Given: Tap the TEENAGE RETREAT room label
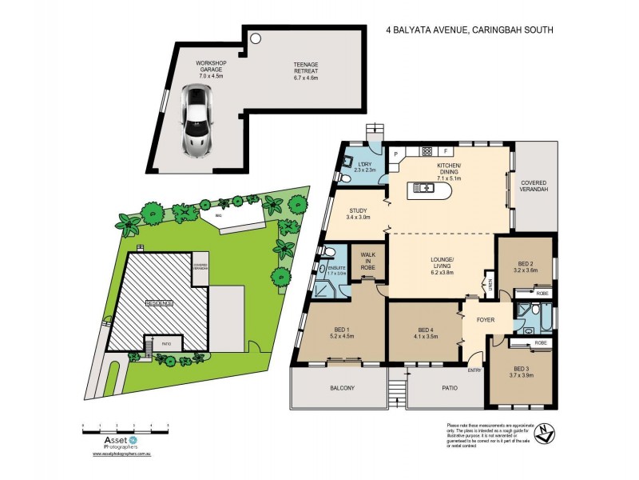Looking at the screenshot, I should [x=305, y=70].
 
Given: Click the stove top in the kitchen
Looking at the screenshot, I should [x=427, y=150].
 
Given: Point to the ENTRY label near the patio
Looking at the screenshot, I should [x=475, y=370].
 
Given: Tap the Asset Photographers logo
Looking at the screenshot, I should [x=111, y=442].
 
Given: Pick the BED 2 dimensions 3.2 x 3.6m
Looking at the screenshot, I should [x=525, y=270].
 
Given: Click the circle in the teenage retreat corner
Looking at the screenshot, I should [x=256, y=38].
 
